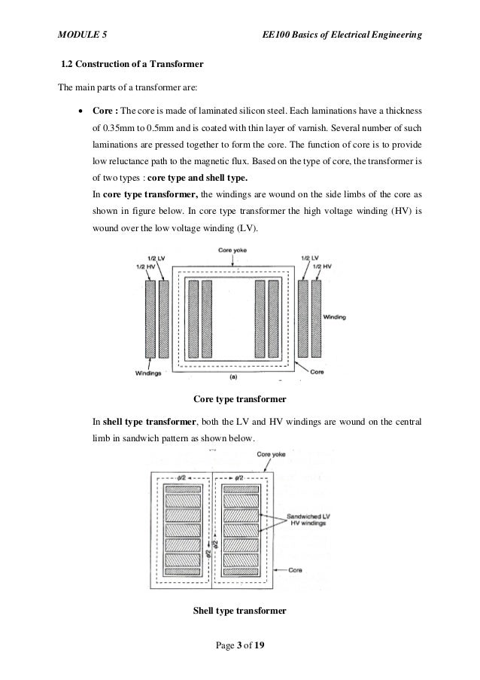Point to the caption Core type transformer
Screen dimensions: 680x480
pos(239,397)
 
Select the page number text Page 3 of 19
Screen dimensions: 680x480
pos(239,646)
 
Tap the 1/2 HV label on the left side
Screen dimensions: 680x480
pos(147,267)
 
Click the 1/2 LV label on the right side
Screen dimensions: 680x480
pos(308,258)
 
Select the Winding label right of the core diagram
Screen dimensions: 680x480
pos(335,318)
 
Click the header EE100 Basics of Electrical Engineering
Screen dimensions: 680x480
pos(339,35)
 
